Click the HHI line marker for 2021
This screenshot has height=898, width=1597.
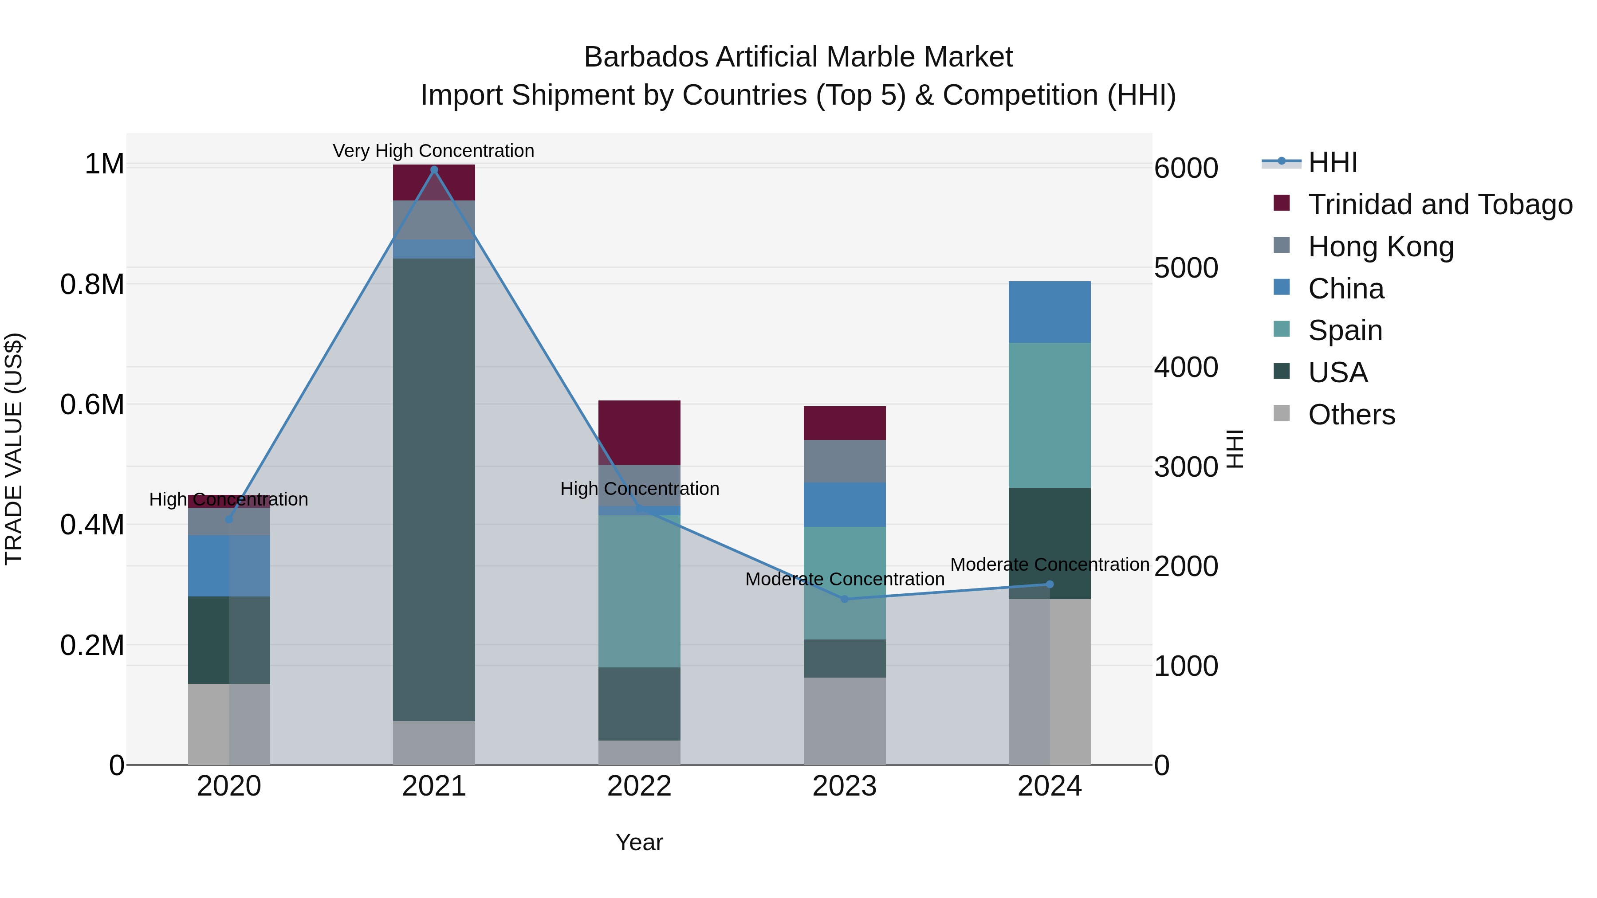pyautogui.click(x=434, y=170)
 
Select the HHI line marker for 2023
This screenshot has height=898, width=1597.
pyautogui.click(x=844, y=599)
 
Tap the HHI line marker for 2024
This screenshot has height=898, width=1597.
pyautogui.click(x=1050, y=584)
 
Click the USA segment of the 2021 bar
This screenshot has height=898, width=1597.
pyautogui.click(x=434, y=490)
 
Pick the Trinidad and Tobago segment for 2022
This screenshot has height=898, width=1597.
pyautogui.click(x=639, y=432)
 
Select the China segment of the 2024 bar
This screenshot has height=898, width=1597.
pyautogui.click(x=1050, y=312)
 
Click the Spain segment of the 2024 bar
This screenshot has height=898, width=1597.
pyautogui.click(x=1050, y=415)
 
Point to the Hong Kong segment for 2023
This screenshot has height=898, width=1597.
pyautogui.click(x=844, y=461)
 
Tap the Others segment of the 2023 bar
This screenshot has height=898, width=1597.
pyautogui.click(x=844, y=721)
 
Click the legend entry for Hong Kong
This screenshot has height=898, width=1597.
pyautogui.click(x=1381, y=247)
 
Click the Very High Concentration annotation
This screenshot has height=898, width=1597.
pyautogui.click(x=433, y=151)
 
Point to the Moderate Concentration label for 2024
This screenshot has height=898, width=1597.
pyautogui.click(x=1050, y=565)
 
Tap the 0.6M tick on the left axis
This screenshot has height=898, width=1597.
pyautogui.click(x=92, y=405)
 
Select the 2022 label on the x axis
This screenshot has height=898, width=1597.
pyautogui.click(x=639, y=786)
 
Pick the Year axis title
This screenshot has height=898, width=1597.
pyautogui.click(x=639, y=842)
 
